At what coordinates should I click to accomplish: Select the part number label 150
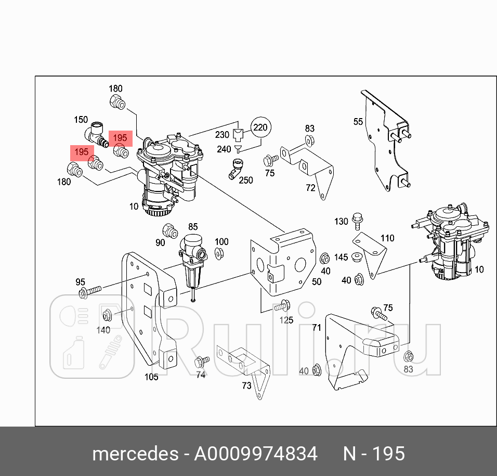click(x=81, y=120)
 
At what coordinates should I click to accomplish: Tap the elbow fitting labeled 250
click(x=236, y=169)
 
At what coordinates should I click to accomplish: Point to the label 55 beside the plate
click(x=358, y=122)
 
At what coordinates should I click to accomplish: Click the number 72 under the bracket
click(x=310, y=188)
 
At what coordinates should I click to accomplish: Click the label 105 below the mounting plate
click(x=151, y=377)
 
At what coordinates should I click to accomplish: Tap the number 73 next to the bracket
click(x=246, y=385)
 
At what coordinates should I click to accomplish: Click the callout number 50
click(x=317, y=281)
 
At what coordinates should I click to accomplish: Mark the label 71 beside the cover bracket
click(x=316, y=328)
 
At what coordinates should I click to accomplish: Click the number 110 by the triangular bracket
click(x=387, y=239)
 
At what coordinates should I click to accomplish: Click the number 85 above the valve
click(x=193, y=227)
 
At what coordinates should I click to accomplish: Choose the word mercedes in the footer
click(x=135, y=454)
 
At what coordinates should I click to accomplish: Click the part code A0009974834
click(x=255, y=454)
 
